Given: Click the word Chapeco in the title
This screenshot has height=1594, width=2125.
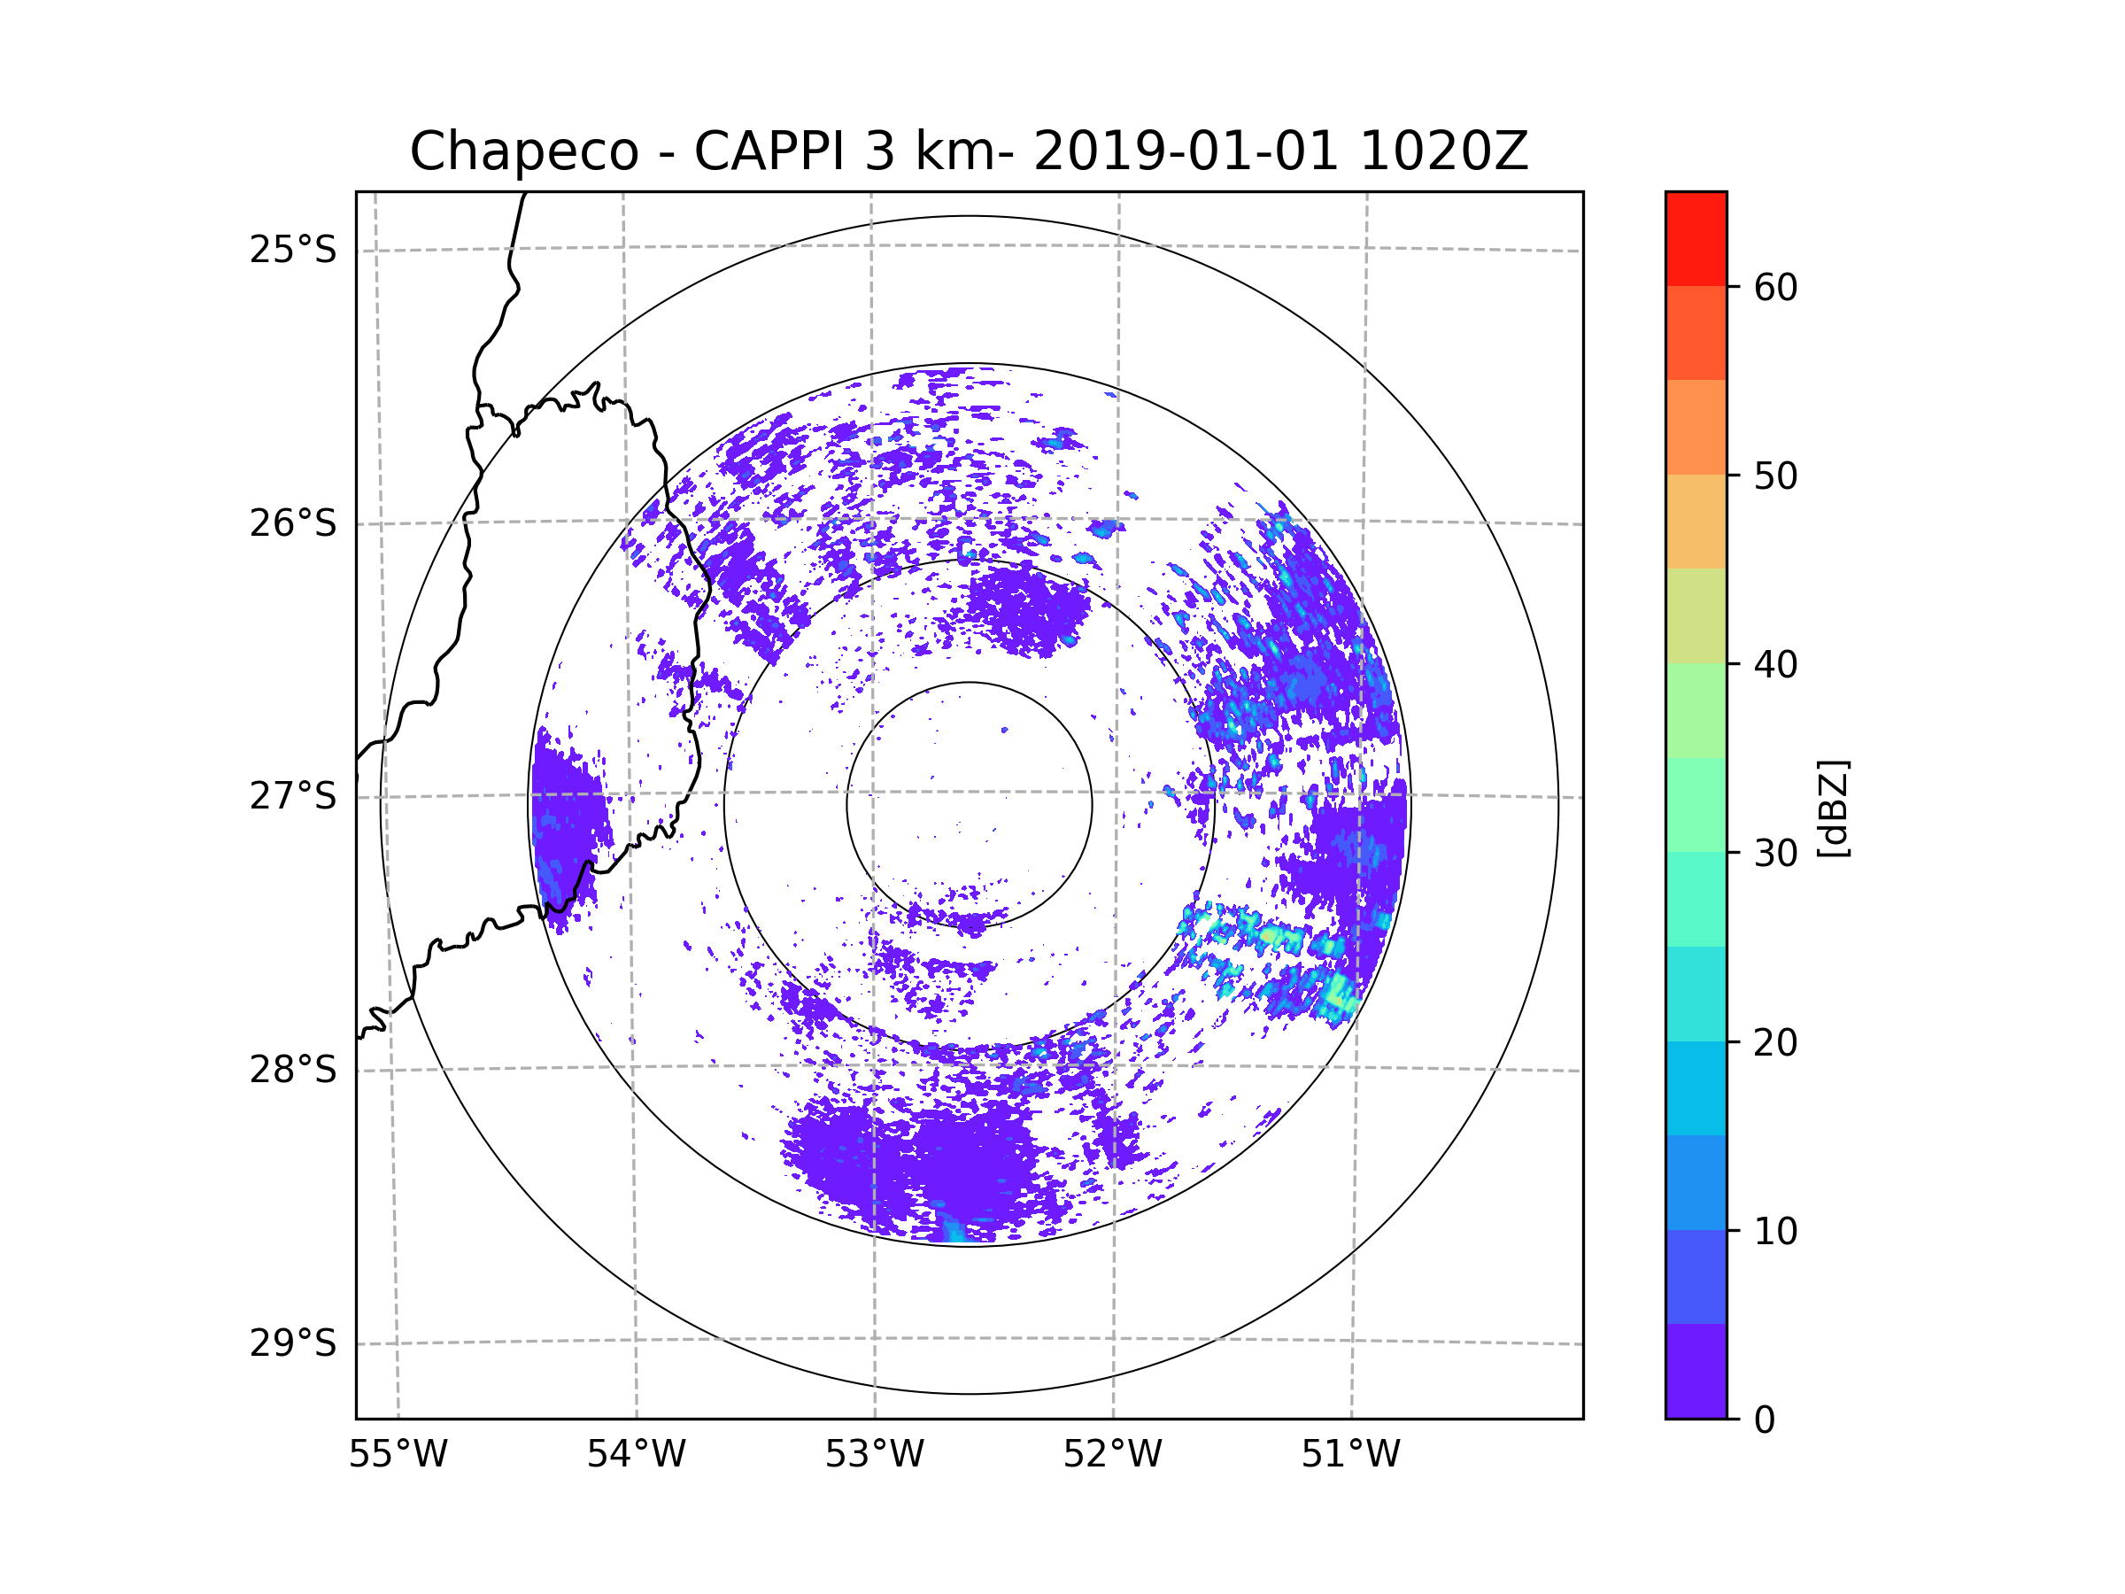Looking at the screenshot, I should click(x=523, y=151).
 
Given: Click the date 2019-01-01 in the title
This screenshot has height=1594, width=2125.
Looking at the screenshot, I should click(x=1186, y=151).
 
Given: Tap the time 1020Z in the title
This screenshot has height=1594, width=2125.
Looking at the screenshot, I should click(x=1443, y=151).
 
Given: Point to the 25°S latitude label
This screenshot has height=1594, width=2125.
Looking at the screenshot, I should click(x=293, y=250).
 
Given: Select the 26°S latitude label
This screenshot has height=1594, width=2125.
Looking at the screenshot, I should click(x=293, y=523).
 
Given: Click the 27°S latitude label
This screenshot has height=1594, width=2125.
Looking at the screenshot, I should click(x=293, y=796).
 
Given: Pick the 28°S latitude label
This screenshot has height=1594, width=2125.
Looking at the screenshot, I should click(x=293, y=1070).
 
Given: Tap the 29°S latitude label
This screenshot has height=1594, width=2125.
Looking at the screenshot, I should click(x=293, y=1343).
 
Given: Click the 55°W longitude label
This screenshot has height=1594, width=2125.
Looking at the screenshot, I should click(x=398, y=1455).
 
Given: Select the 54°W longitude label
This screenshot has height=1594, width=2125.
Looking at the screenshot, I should click(x=636, y=1455).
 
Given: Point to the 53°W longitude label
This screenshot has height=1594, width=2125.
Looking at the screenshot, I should click(x=874, y=1455).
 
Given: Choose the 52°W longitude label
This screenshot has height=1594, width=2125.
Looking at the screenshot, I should click(x=1112, y=1455).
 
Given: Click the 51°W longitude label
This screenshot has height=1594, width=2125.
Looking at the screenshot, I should click(x=1350, y=1455).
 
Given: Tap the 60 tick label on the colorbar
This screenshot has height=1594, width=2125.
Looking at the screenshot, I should click(x=1775, y=287).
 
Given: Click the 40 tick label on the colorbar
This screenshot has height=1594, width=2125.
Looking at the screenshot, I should click(x=1775, y=665).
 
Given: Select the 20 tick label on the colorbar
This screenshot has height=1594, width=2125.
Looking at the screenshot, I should click(x=1775, y=1042).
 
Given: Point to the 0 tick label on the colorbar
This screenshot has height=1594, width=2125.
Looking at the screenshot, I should click(x=1765, y=1420).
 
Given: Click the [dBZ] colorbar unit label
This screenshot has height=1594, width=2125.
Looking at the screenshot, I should click(x=1834, y=809).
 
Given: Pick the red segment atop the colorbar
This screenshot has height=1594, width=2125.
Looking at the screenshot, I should click(x=1696, y=238).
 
